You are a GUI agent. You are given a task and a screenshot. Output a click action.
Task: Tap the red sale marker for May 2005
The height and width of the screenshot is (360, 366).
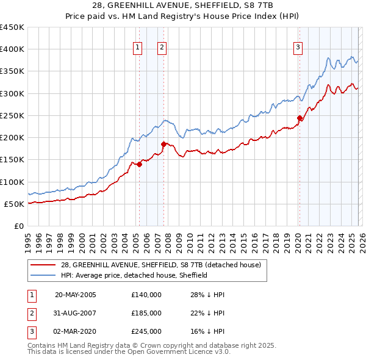(139, 164)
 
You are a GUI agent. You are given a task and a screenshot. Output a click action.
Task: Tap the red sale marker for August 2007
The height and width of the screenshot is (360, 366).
(163, 144)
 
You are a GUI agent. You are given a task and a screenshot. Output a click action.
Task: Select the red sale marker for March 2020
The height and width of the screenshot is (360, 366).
(300, 118)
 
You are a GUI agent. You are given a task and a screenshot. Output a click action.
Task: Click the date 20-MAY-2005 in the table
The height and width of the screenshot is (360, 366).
(76, 295)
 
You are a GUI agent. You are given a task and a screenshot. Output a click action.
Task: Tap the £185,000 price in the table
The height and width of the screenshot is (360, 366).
(146, 313)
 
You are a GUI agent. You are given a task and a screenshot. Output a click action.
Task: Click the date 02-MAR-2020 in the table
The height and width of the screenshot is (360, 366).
(76, 331)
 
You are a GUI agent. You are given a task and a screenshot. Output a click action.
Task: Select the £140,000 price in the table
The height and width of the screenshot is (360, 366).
(146, 295)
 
